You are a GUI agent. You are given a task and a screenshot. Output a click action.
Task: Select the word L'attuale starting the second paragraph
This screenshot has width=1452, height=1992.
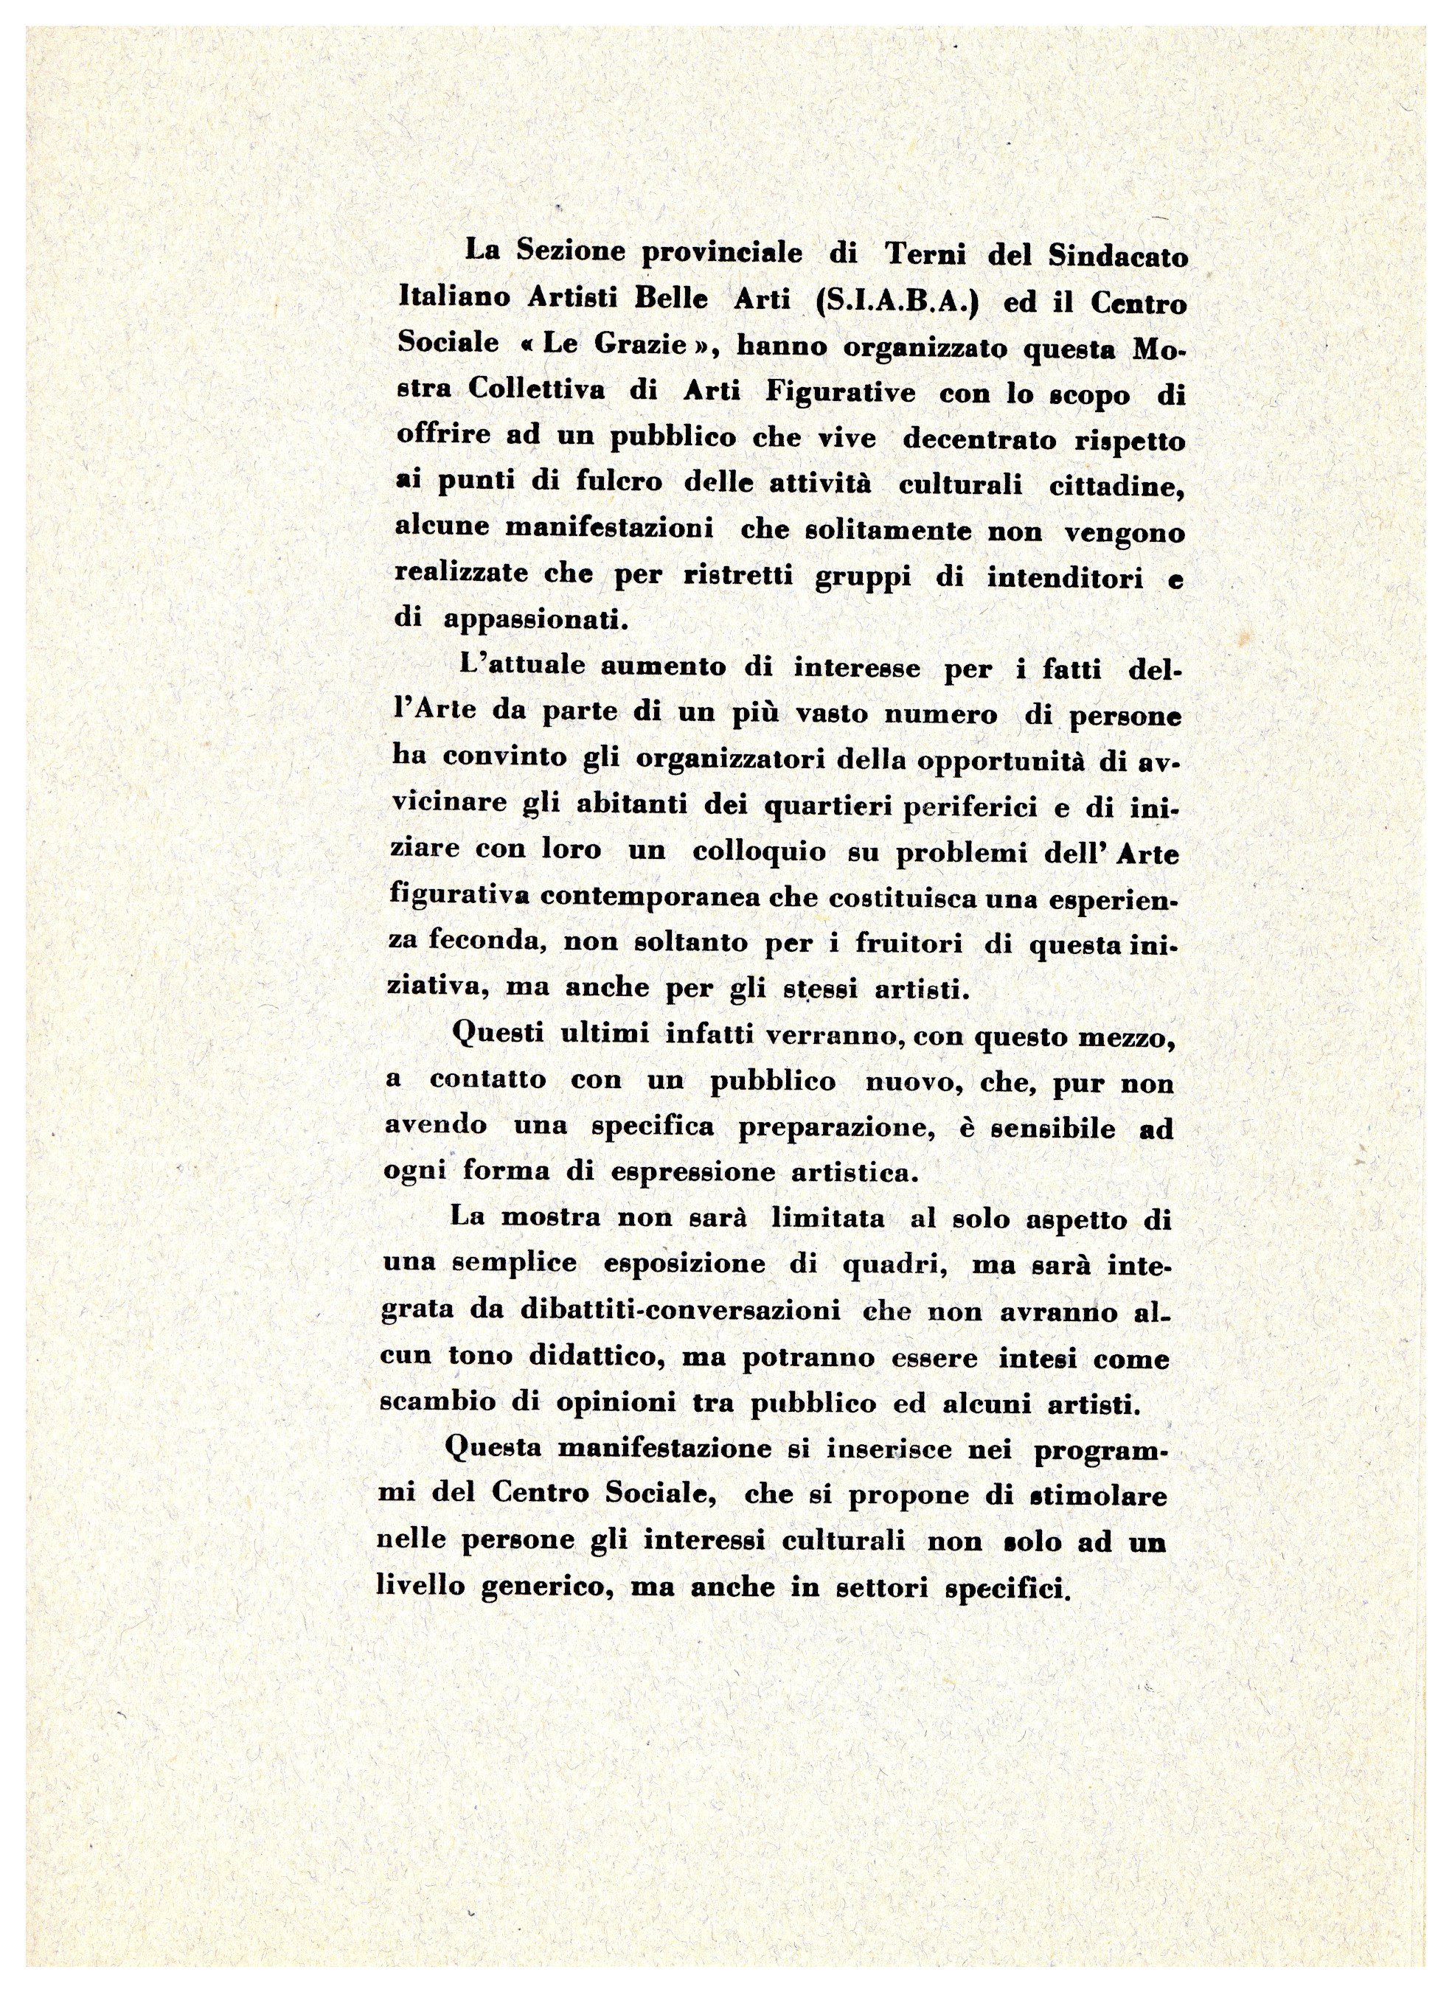tap(523, 667)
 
